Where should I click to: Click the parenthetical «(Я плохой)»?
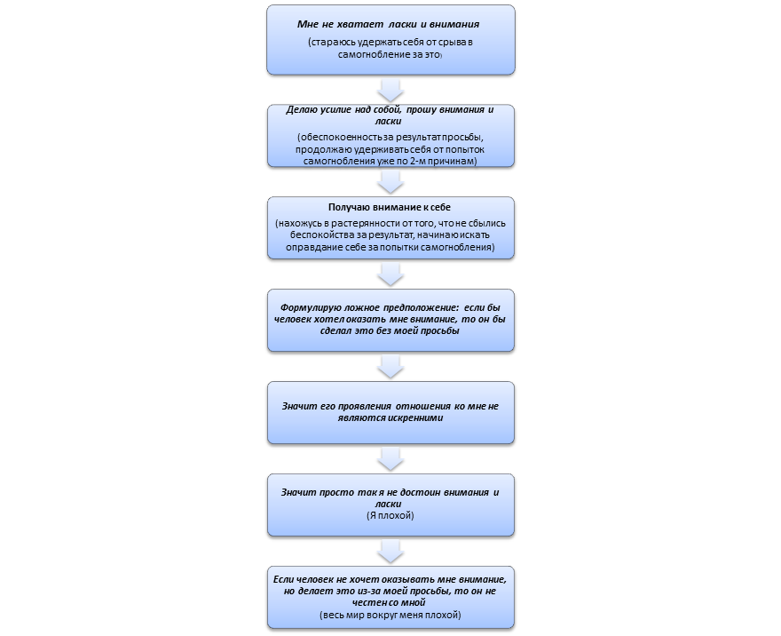(390, 515)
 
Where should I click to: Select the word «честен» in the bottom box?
(373, 602)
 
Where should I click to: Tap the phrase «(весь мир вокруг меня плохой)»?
(390, 615)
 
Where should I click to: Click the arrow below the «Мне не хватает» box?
(390, 90)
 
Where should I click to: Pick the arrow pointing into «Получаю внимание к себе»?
(390, 182)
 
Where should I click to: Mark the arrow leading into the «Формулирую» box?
(390, 274)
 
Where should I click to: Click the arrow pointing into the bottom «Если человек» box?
(390, 552)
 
